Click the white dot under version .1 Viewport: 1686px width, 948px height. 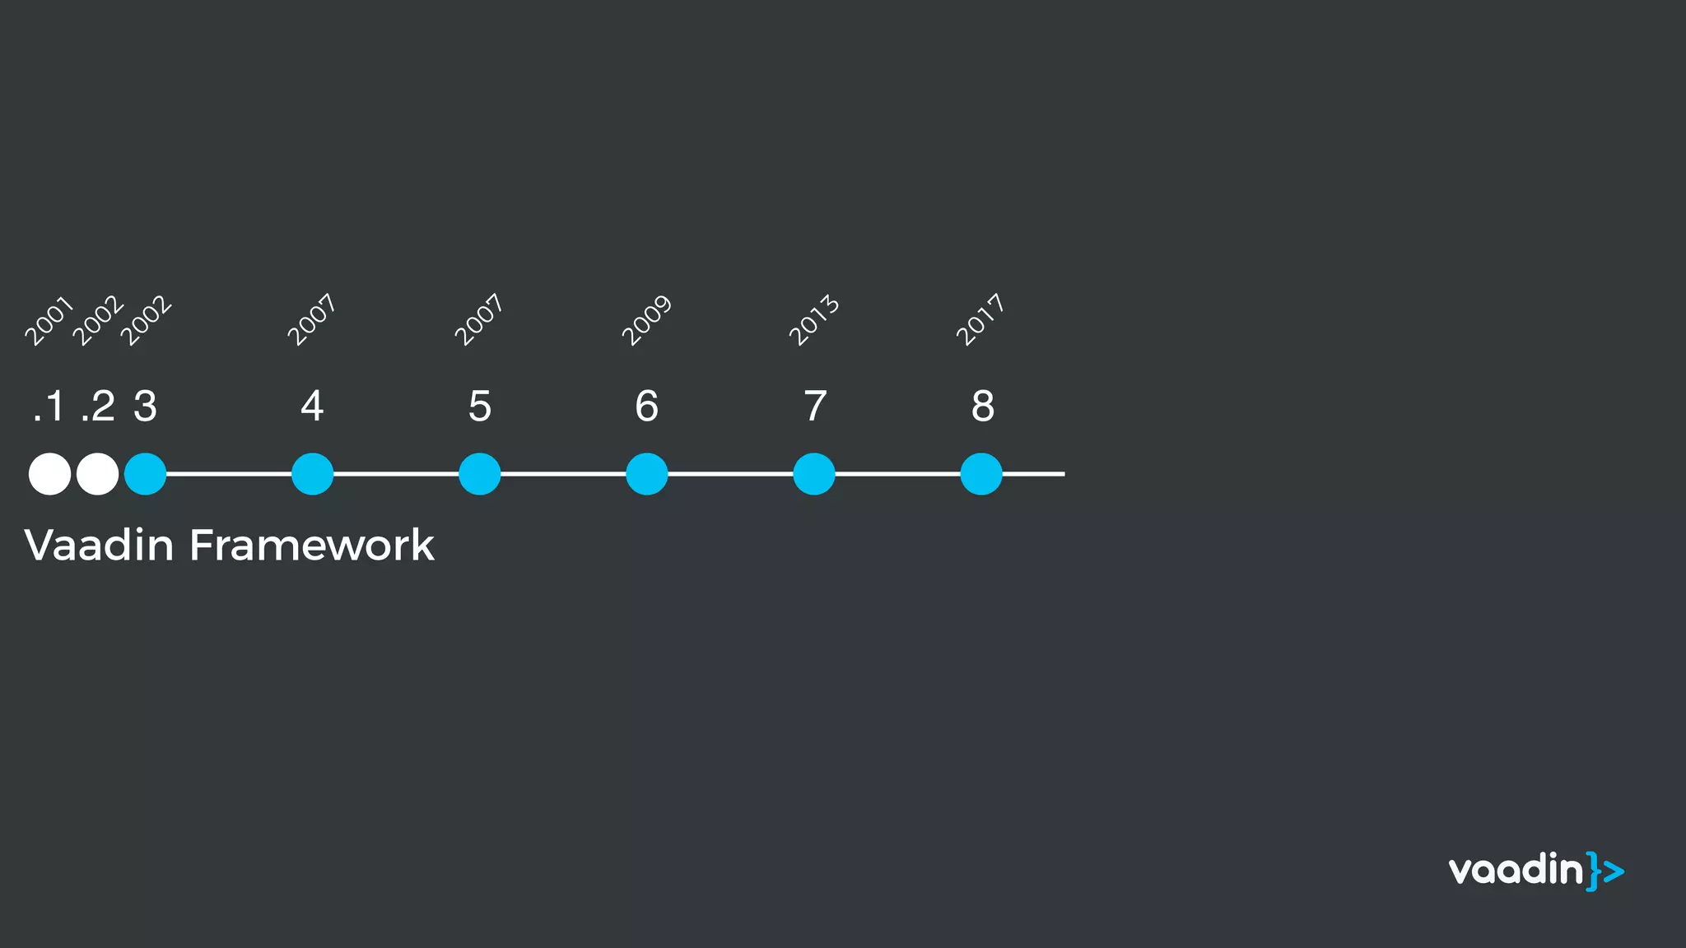[49, 474]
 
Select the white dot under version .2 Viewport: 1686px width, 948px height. [97, 474]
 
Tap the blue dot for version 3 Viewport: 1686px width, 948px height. [146, 474]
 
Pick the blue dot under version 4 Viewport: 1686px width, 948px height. [313, 474]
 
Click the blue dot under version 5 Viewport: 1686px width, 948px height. [480, 474]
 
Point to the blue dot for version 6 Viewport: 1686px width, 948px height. [647, 474]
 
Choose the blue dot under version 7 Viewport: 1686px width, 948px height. [814, 474]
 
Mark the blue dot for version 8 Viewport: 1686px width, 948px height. [981, 474]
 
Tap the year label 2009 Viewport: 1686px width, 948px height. [647, 320]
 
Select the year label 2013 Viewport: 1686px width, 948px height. [814, 320]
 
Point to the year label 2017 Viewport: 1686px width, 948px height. [981, 320]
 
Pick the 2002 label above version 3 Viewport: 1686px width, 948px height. [147, 320]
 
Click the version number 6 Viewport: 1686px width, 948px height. [647, 406]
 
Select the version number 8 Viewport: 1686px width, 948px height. [982, 406]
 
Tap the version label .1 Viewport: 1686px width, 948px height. [49, 406]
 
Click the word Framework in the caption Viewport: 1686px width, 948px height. [311, 545]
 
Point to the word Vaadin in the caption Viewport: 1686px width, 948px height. [99, 545]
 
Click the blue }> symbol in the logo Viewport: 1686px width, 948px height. [1605, 871]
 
